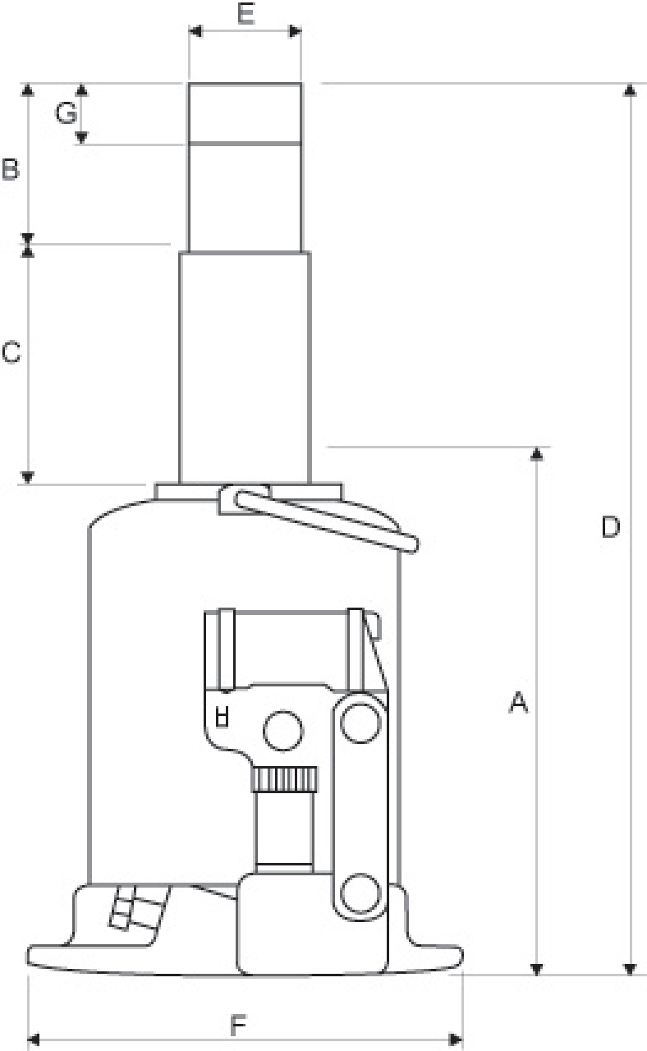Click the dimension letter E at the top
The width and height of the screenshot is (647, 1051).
click(245, 13)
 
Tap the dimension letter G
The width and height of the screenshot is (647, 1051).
click(66, 113)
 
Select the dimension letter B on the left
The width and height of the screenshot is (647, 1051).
click(11, 169)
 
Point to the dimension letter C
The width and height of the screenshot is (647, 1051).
click(11, 352)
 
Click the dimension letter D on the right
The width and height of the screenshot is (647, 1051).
click(610, 526)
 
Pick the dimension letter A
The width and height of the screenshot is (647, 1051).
click(518, 702)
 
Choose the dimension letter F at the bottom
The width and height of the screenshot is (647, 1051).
click(238, 1026)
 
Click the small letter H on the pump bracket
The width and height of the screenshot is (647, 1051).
click(222, 718)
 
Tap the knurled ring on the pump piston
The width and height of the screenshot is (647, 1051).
click(284, 779)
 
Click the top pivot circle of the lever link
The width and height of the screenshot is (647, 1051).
click(360, 723)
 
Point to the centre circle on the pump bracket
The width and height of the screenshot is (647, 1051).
click(283, 731)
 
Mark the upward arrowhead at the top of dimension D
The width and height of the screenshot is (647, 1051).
click(630, 90)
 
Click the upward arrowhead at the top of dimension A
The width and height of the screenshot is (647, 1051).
click(536, 454)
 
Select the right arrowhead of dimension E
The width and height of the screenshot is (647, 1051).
click(295, 31)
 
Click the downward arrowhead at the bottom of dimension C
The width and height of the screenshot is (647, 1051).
click(28, 478)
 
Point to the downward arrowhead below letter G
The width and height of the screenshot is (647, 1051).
click(81, 137)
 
